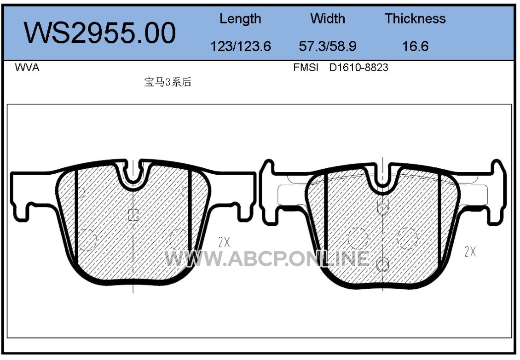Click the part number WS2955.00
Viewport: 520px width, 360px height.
[100, 33]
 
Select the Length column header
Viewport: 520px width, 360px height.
[240, 19]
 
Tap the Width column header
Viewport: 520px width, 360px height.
[328, 18]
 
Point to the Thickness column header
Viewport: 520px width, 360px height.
[415, 18]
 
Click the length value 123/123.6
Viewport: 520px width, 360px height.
[241, 46]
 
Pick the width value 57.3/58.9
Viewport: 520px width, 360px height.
[328, 46]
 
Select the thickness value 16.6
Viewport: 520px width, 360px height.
[415, 46]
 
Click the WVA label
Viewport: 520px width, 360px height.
[27, 68]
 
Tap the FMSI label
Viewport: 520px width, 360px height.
[306, 68]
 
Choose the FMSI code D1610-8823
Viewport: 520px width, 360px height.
[358, 68]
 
